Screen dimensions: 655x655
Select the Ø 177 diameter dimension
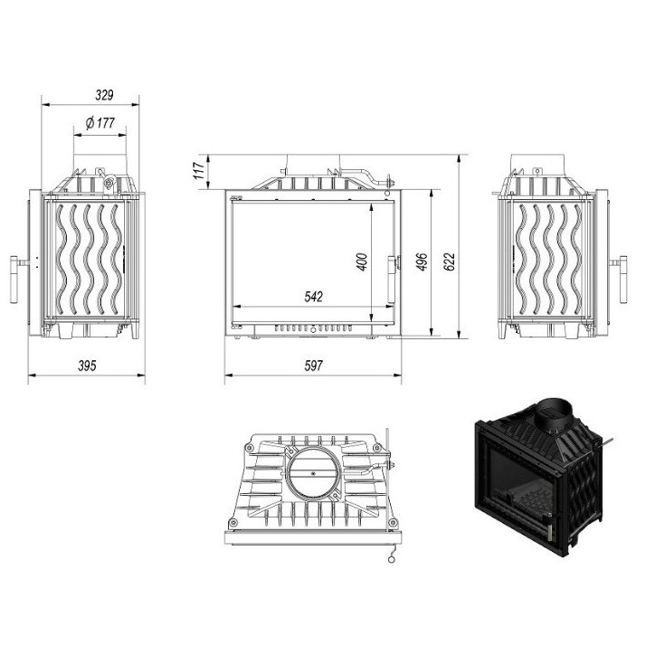point(100,124)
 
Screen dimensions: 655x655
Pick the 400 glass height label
point(362,261)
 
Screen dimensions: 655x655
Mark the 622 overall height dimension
point(451,261)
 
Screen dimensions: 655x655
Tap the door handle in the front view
point(393,266)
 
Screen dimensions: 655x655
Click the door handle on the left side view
point(14,279)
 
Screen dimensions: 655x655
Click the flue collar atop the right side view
point(539,162)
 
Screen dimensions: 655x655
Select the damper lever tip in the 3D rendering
point(612,442)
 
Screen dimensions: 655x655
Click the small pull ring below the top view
point(390,558)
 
